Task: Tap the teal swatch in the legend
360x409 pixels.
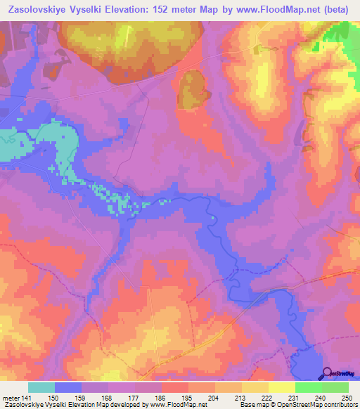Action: (41, 387)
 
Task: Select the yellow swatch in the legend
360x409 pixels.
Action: (281, 387)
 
